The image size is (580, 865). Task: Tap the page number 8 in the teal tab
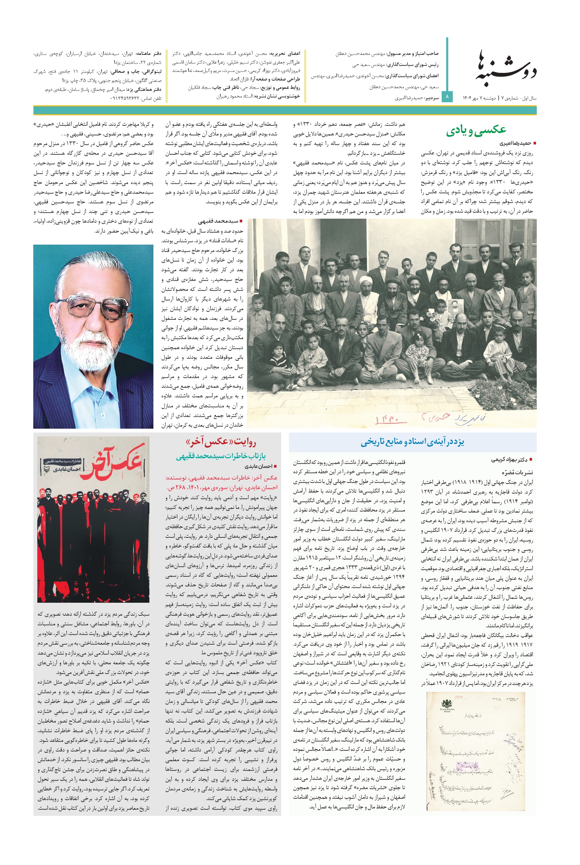pos(447,97)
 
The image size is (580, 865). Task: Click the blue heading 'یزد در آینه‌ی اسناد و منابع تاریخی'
pos(412,442)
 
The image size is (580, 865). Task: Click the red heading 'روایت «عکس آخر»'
pos(221,442)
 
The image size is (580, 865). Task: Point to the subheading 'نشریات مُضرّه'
pos(518,473)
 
